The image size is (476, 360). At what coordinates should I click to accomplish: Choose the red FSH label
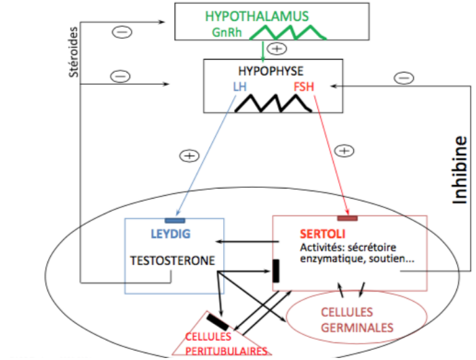[304, 86]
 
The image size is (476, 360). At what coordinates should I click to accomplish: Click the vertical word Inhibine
[461, 170]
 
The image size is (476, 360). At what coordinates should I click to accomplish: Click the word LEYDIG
[170, 234]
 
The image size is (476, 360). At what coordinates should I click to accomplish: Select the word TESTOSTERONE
[173, 260]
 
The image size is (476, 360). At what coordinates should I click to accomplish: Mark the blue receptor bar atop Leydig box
[176, 220]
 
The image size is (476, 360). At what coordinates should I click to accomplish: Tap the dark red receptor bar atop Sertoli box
[347, 218]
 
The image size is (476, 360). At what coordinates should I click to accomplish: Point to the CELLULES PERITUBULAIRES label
[227, 342]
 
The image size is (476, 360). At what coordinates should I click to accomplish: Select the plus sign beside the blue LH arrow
[189, 156]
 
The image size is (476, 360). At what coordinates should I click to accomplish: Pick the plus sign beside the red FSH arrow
[345, 151]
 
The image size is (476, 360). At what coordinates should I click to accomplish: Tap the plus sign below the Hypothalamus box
[277, 48]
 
